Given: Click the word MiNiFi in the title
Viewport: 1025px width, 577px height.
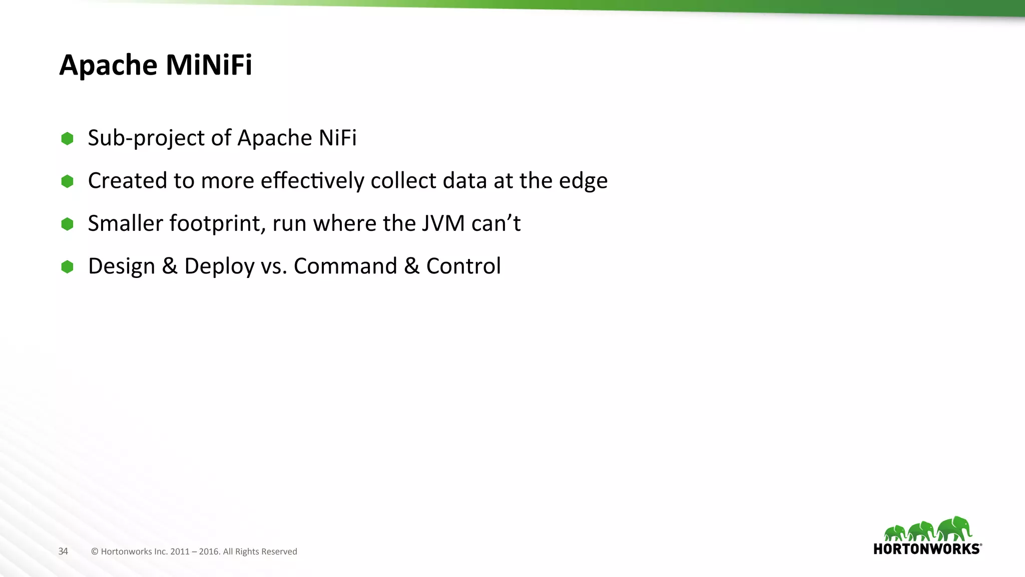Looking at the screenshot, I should [209, 65].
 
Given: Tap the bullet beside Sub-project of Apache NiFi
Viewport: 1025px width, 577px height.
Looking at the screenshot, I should [67, 139].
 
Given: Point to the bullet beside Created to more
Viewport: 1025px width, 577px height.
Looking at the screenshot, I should [67, 181].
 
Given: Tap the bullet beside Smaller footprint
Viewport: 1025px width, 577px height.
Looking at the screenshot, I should [67, 224].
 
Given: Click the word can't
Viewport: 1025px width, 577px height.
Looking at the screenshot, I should [495, 223].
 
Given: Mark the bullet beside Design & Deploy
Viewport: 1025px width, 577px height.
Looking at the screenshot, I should [67, 267].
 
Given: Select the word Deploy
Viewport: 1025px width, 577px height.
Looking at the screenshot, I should [219, 266].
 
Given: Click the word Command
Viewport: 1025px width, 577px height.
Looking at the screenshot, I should [345, 266].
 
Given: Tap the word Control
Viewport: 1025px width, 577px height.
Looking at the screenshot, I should [463, 266].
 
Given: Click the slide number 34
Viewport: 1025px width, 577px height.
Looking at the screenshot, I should [63, 551].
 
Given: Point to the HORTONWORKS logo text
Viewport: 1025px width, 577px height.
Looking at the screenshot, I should [927, 549].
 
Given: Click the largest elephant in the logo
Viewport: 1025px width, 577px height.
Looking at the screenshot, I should [954, 528].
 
